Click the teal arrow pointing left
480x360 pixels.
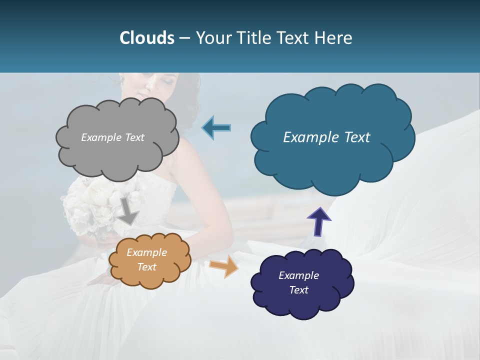(x=216, y=128)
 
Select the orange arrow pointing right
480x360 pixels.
(x=224, y=267)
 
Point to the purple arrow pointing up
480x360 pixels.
(x=318, y=222)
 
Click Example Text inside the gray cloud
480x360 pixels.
(x=112, y=137)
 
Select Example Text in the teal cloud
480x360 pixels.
(x=326, y=137)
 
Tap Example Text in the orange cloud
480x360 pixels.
(x=146, y=260)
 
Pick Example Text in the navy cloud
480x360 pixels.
(x=298, y=282)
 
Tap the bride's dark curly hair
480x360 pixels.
(x=183, y=100)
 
